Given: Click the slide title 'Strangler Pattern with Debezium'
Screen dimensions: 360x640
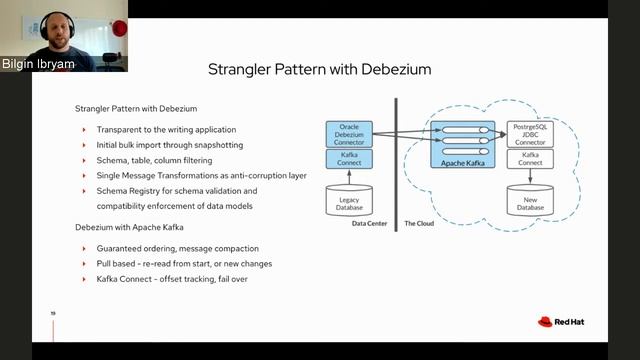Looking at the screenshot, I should (319, 70).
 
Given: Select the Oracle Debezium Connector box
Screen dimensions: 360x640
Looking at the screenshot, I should (349, 134).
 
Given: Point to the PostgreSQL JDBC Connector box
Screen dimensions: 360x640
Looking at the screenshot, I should (531, 134).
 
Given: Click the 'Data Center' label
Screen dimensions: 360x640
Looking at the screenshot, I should (370, 223).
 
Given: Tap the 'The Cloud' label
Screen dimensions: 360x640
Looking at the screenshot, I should (418, 223).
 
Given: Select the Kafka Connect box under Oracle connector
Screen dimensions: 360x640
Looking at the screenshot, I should (349, 158).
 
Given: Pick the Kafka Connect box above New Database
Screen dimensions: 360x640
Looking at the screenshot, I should (531, 158).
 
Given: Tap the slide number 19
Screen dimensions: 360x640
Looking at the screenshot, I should (52, 313).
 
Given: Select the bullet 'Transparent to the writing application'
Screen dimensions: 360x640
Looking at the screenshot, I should (166, 130).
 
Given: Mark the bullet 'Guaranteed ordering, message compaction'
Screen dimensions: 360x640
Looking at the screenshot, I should (177, 248).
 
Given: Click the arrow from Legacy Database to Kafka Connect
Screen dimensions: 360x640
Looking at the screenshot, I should (349, 177).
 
